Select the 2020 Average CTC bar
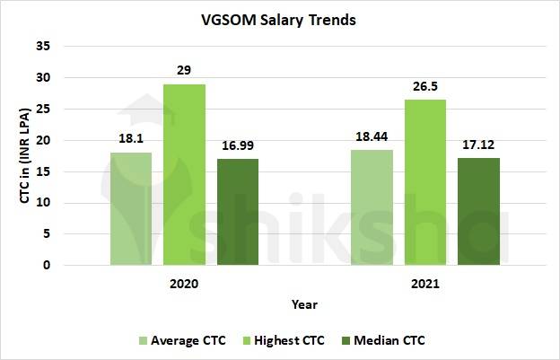131,209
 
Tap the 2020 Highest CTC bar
184,175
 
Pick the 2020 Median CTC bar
237,213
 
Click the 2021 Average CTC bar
372,208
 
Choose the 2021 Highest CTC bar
425,183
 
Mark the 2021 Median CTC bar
478,212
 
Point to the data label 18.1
131,141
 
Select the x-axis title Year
304,304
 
